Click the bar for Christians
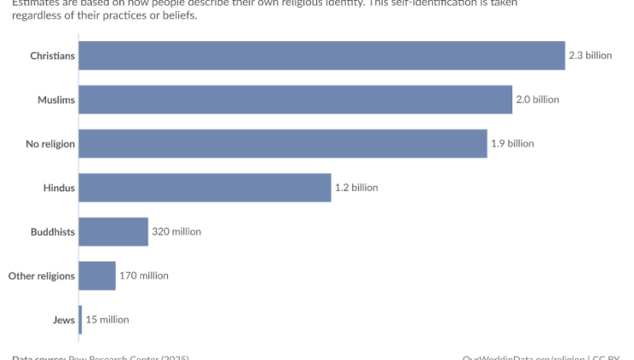coord(321,56)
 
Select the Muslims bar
coord(296,99)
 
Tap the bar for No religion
coord(283,143)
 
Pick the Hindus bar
coord(205,188)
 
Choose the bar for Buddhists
coord(113,231)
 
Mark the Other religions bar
coord(97,275)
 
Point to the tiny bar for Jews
coord(81,320)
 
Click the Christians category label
coord(53,56)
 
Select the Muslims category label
coord(57,99)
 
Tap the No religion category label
coord(51,143)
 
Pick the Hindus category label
coord(59,188)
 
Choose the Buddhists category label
coord(53,231)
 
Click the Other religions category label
coord(42,275)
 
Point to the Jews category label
coord(64,320)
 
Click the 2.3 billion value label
coord(590,56)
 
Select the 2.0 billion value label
coord(537,99)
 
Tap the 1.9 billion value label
coord(512,143)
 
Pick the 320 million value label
coord(176,231)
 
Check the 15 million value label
coord(107,320)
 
